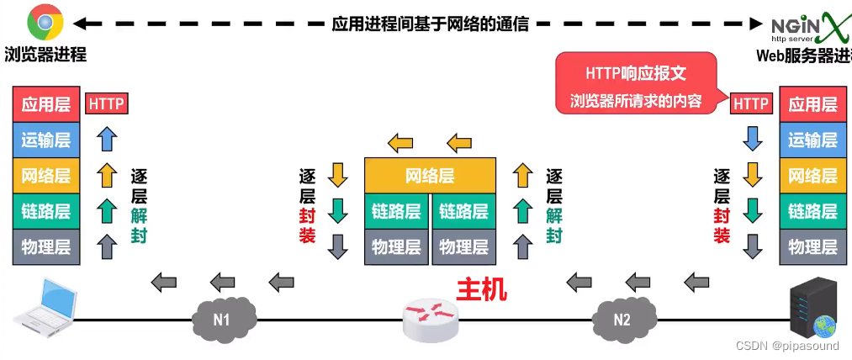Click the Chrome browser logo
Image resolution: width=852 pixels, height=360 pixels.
45,23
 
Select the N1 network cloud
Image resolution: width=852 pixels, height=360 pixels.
221,319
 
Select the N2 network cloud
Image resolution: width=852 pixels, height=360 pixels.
622,319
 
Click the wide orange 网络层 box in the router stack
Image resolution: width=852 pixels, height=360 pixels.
430,176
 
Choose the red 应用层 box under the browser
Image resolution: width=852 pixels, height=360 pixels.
45,104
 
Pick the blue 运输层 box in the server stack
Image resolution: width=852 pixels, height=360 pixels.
812,140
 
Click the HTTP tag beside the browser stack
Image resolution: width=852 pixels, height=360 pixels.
107,104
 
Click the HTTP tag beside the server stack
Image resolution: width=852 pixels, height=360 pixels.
752,103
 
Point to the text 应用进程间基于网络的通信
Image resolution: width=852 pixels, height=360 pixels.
430,24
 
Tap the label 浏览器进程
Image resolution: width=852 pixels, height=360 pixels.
45,56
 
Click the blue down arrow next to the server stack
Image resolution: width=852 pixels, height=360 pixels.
752,138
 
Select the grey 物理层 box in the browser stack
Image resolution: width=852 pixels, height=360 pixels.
45,247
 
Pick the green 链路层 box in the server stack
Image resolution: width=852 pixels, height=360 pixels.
812,211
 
